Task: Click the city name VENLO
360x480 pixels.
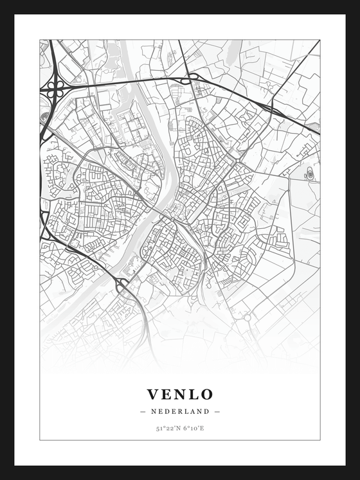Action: coord(179,394)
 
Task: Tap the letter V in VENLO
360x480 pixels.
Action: coord(153,394)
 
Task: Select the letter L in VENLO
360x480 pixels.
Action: coord(193,394)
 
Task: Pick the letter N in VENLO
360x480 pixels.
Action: coord(179,394)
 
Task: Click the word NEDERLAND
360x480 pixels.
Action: coord(179,411)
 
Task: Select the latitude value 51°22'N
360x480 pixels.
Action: coord(166,428)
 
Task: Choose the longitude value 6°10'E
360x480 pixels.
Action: coord(193,428)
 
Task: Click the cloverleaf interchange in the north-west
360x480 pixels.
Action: coord(53,89)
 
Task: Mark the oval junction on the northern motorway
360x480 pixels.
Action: coord(192,80)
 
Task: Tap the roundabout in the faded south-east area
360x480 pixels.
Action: coord(247,317)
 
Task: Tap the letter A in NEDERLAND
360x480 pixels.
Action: coord(196,411)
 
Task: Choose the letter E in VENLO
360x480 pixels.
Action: coord(166,394)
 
